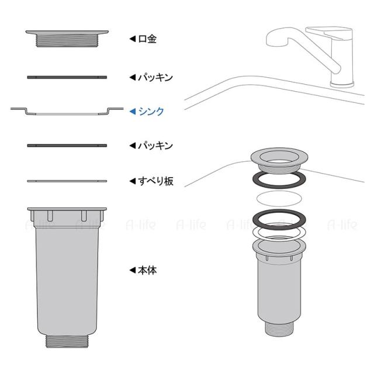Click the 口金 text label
(147, 39)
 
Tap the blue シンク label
(151, 112)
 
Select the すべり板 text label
(155, 181)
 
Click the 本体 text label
(147, 270)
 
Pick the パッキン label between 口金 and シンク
(155, 78)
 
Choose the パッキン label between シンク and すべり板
(155, 146)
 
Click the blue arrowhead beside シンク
(133, 112)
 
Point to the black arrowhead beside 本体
(133, 270)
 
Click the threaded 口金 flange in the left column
(67, 39)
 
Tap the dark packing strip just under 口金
(67, 77)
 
